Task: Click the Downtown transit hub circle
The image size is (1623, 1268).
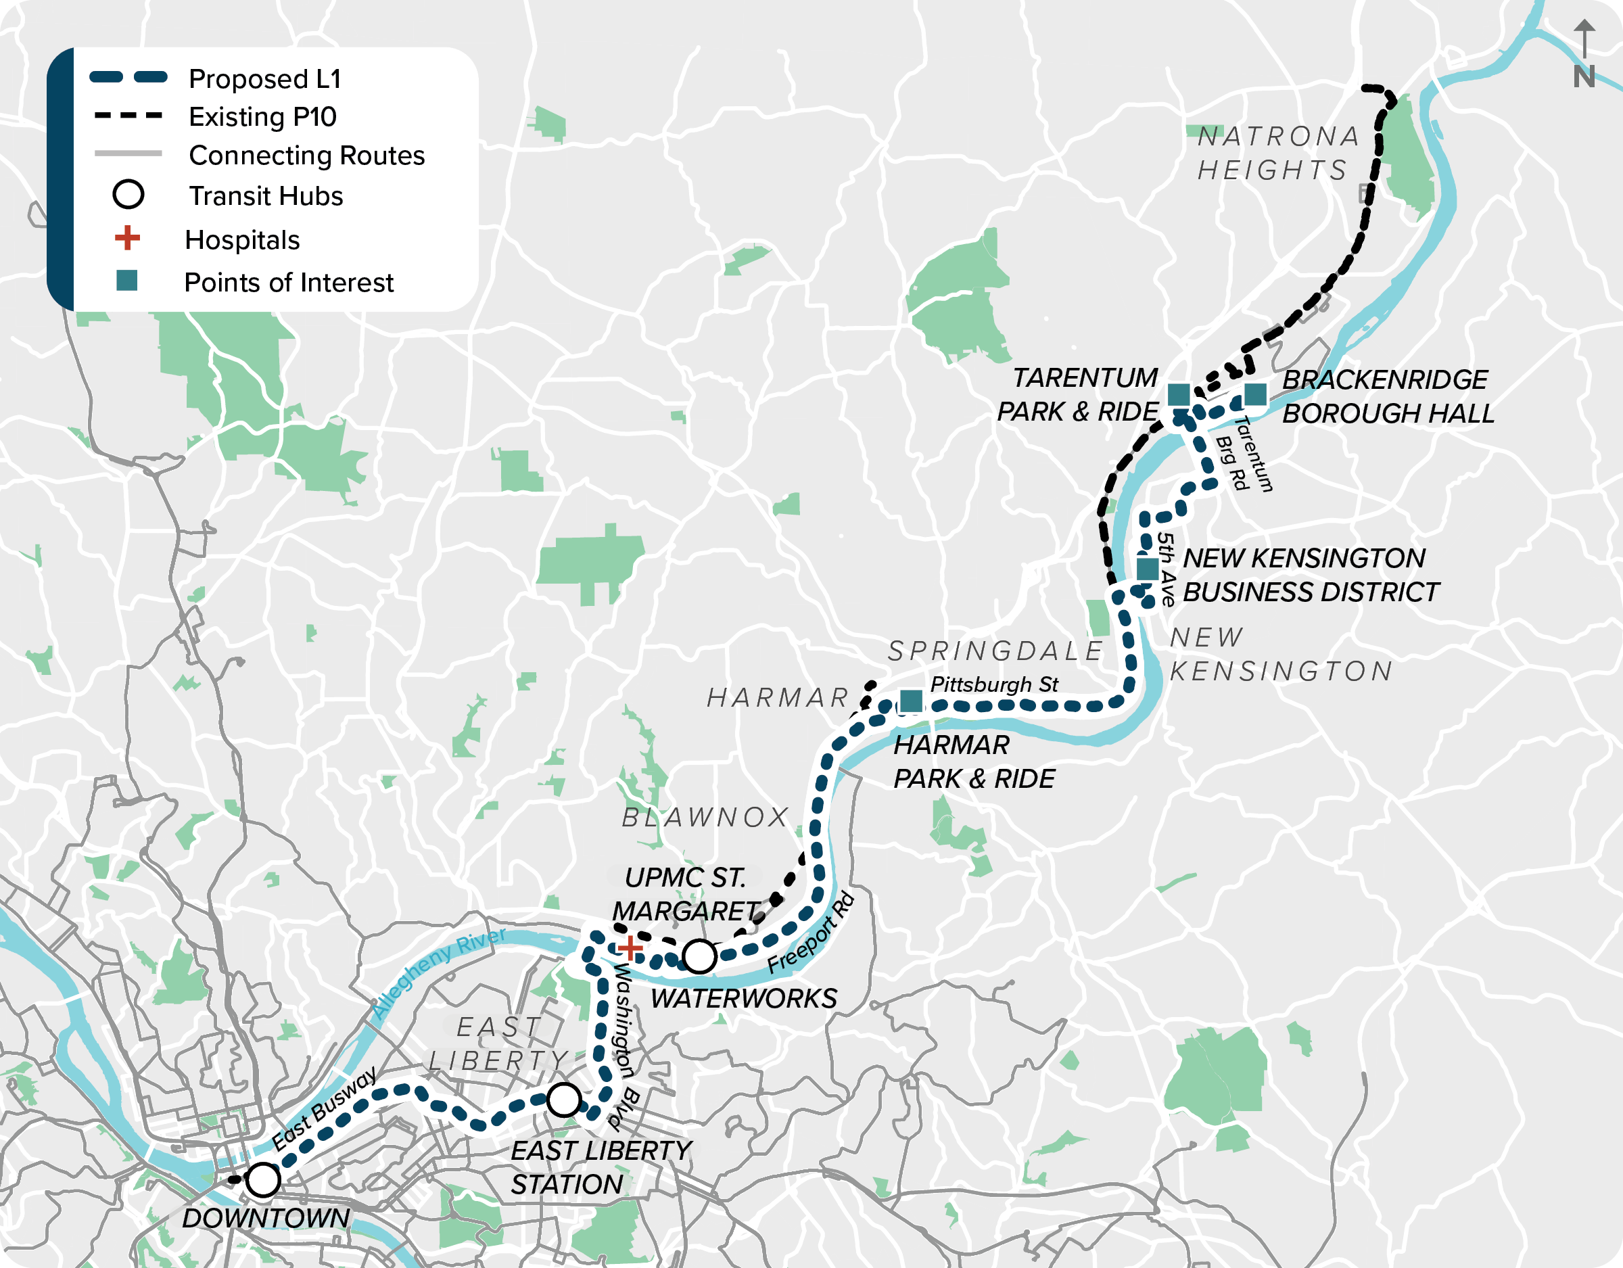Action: [x=262, y=1179]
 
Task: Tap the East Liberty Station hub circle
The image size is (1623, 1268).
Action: [x=564, y=1100]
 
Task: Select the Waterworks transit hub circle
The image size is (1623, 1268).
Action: [x=699, y=956]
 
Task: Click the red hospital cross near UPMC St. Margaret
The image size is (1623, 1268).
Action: [x=630, y=947]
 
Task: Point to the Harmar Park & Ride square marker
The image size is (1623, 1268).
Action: [x=911, y=700]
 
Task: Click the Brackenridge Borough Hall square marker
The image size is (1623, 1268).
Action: [x=1255, y=395]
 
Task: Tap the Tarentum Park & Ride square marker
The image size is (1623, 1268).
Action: [x=1179, y=395]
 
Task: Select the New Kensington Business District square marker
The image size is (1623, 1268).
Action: [x=1148, y=569]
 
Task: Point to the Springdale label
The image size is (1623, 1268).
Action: [x=996, y=651]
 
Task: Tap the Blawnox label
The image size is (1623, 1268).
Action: [x=705, y=818]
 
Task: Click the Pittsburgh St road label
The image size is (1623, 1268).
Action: [x=993, y=684]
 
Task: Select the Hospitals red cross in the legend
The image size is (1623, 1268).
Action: [x=127, y=238]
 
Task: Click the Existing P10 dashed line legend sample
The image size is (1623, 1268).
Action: [x=128, y=116]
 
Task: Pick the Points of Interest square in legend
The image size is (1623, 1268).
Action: [x=127, y=280]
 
